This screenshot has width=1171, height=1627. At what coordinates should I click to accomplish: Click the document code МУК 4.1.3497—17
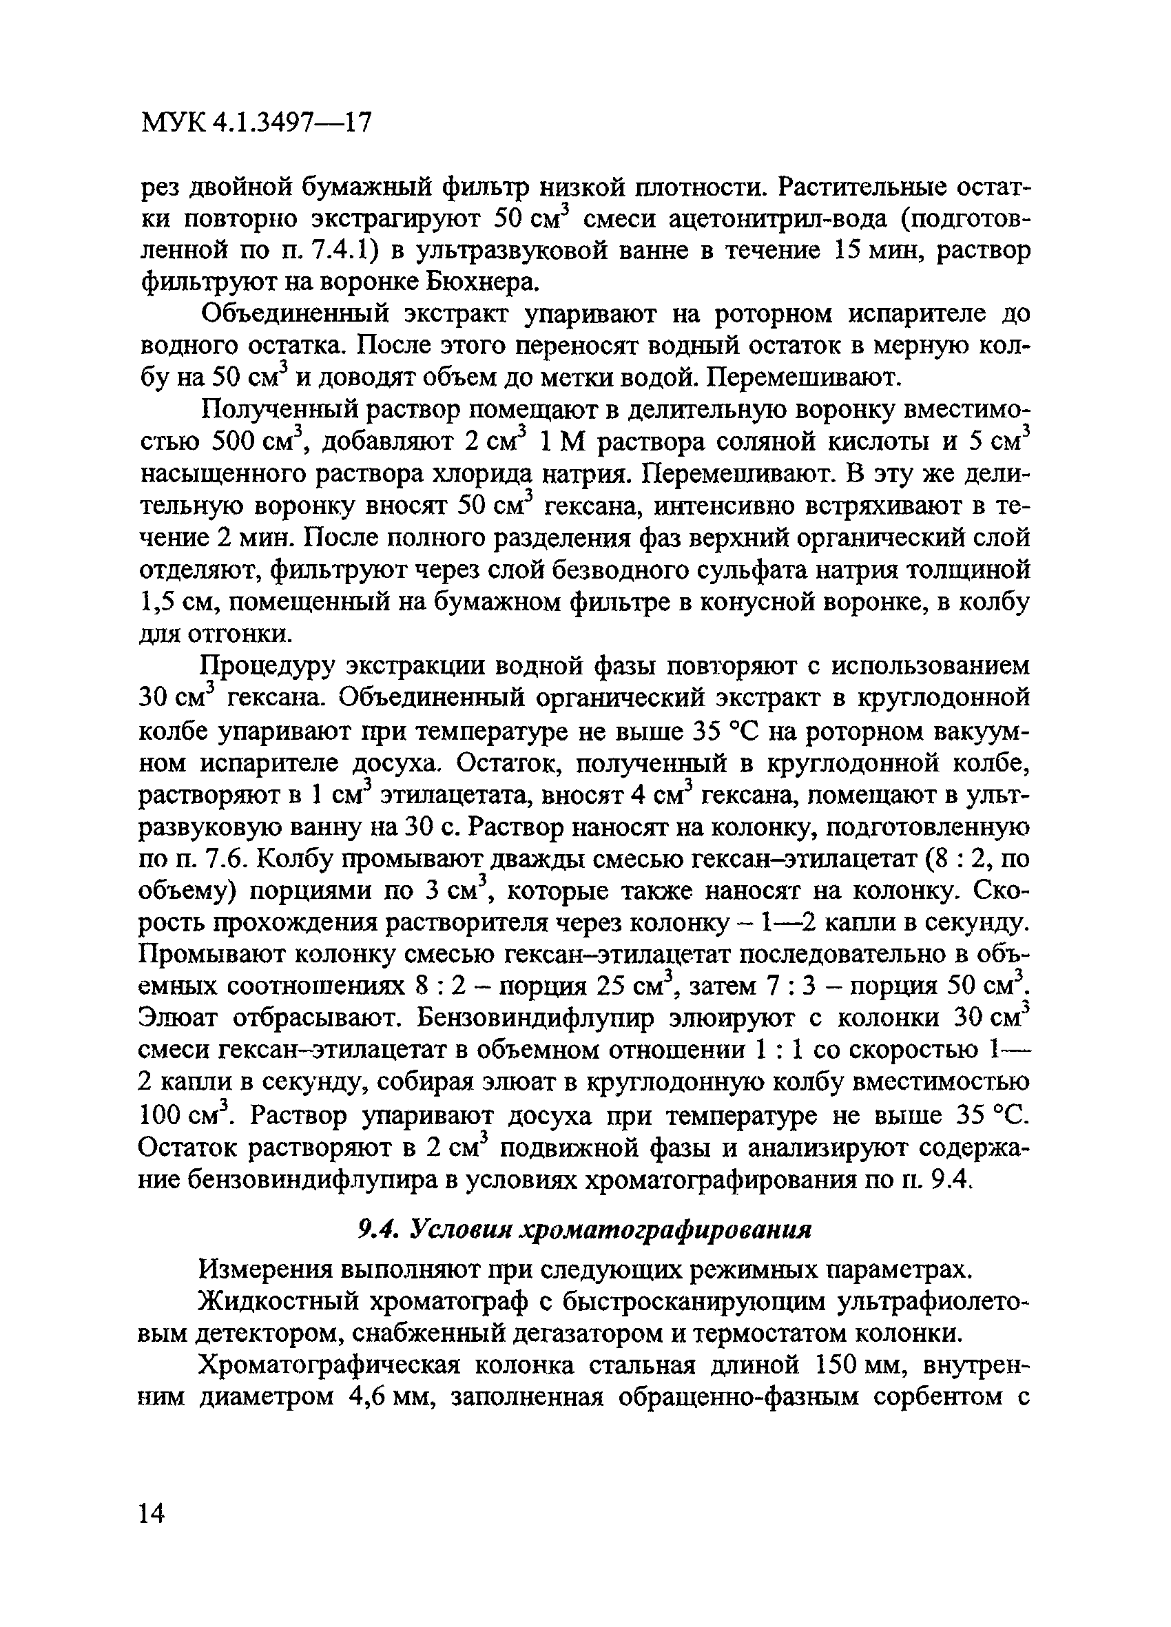[257, 124]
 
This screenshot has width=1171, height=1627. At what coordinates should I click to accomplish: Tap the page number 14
[152, 1513]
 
